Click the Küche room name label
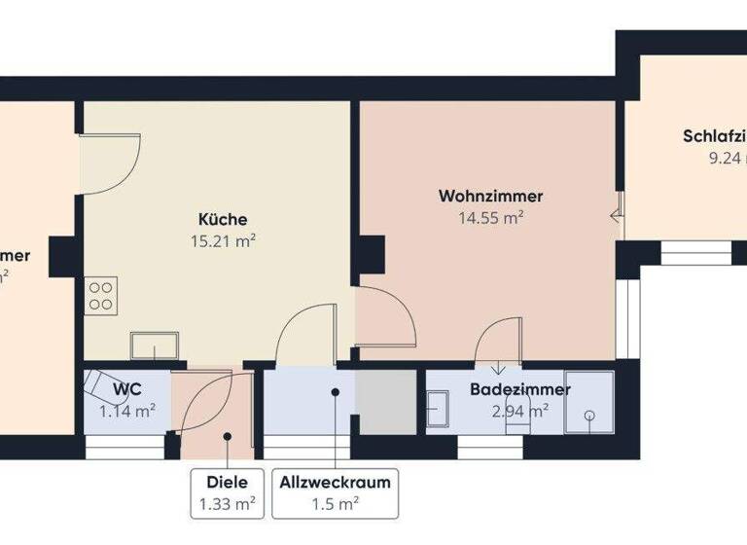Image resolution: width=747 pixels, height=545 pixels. pyautogui.click(x=223, y=219)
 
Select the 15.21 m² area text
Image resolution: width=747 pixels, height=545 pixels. pyautogui.click(x=223, y=240)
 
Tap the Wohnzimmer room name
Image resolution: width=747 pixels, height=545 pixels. pyautogui.click(x=490, y=196)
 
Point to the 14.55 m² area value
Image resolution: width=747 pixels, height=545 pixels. pyautogui.click(x=491, y=218)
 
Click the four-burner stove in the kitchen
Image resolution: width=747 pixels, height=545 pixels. pyautogui.click(x=100, y=294)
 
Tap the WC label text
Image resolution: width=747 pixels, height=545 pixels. pyautogui.click(x=127, y=389)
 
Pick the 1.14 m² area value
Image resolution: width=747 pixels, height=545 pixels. pyautogui.click(x=127, y=411)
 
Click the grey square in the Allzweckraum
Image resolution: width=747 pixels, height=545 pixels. pyautogui.click(x=385, y=402)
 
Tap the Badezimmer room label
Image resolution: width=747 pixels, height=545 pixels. pyautogui.click(x=519, y=389)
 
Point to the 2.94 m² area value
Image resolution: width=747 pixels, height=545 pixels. pyautogui.click(x=519, y=410)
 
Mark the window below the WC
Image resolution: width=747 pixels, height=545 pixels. pyautogui.click(x=125, y=447)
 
